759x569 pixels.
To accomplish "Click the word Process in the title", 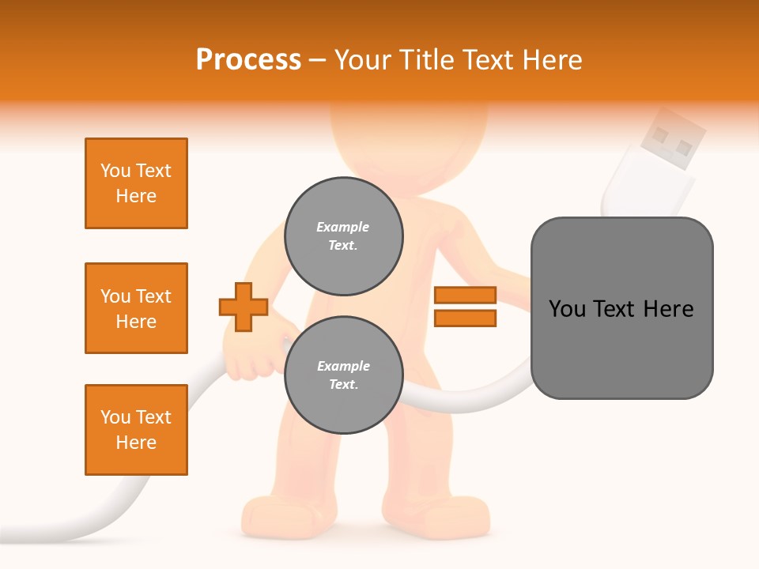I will click(x=248, y=60).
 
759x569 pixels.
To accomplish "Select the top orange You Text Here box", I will click(x=136, y=183).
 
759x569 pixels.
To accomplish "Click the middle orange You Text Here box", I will click(x=136, y=308).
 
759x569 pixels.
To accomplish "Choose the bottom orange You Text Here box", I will click(x=136, y=430).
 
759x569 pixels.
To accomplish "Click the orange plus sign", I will click(x=244, y=307).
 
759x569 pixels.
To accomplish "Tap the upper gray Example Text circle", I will click(x=343, y=236).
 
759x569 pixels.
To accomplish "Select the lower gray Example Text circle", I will click(x=343, y=375).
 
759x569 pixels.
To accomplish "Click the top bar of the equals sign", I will click(x=465, y=296).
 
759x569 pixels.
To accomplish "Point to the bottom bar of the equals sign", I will click(x=465, y=318).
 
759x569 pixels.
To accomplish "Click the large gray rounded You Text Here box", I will click(x=621, y=308).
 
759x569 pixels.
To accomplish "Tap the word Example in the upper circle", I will click(x=343, y=228).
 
